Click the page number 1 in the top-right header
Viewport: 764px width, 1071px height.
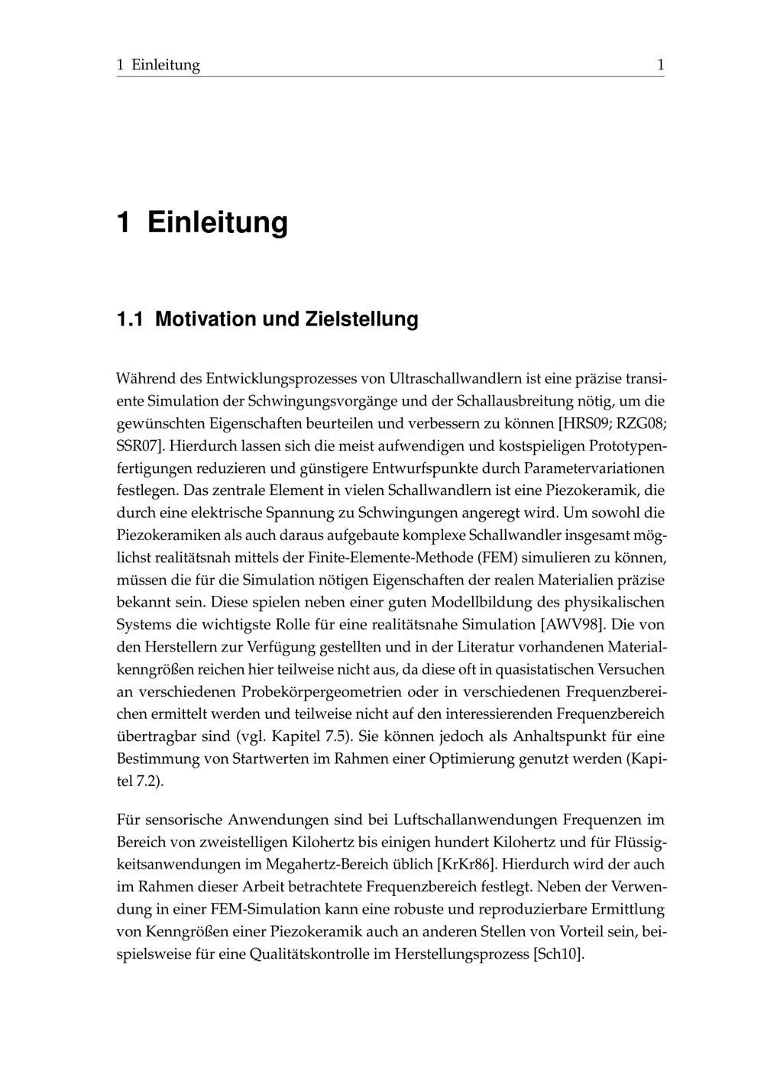pos(660,65)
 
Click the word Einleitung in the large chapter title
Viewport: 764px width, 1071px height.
pos(218,222)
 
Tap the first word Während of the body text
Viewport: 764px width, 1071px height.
pos(146,378)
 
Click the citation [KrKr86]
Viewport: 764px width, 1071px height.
pos(466,865)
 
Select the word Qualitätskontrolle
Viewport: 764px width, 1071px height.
pos(309,954)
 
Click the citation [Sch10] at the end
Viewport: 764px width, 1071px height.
pos(558,954)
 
